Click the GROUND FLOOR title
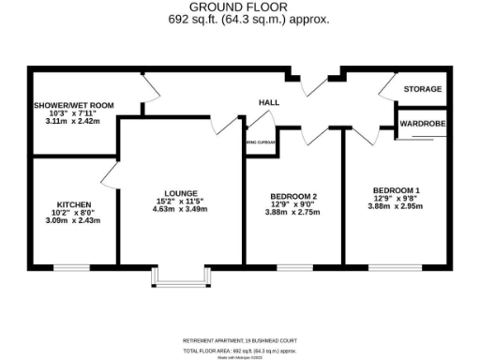[x=239, y=7]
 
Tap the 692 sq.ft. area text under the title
[x=239, y=19]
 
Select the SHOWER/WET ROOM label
[x=73, y=106]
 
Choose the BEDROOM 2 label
[x=292, y=196]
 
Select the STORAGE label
[x=422, y=89]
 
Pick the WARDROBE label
[x=422, y=123]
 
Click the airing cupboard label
[x=262, y=143]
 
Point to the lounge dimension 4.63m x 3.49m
[x=179, y=209]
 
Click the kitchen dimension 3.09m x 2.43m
[x=72, y=221]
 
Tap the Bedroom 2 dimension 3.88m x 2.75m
[x=292, y=214]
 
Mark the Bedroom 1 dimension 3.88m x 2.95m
[x=395, y=208]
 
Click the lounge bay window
[x=178, y=278]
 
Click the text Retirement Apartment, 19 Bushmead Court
[x=239, y=339]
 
